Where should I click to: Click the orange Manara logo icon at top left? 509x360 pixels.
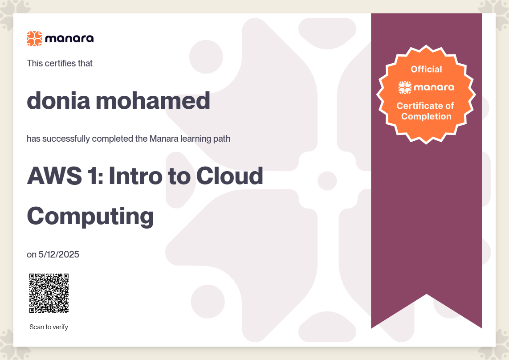click(34, 39)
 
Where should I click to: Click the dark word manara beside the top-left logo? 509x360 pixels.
click(69, 39)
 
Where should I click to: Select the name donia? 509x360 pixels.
click(58, 100)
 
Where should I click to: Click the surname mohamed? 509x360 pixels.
click(153, 100)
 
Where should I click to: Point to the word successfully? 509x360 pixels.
click(66, 139)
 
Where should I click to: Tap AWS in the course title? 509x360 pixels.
click(54, 176)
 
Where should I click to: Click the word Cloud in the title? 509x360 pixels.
click(229, 176)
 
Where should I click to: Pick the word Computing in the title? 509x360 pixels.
click(90, 216)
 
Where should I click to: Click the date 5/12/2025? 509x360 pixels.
click(59, 254)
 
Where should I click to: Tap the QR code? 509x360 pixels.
click(49, 293)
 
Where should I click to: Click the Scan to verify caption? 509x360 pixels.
click(49, 327)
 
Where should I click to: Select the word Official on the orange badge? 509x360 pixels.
click(426, 69)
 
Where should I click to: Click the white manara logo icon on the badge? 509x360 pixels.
click(405, 87)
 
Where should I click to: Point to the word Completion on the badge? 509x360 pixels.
click(426, 117)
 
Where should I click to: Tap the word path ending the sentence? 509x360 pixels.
click(222, 139)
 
